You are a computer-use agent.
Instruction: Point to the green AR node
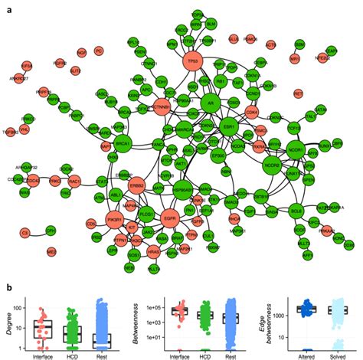pyautogui.click(x=213, y=101)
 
